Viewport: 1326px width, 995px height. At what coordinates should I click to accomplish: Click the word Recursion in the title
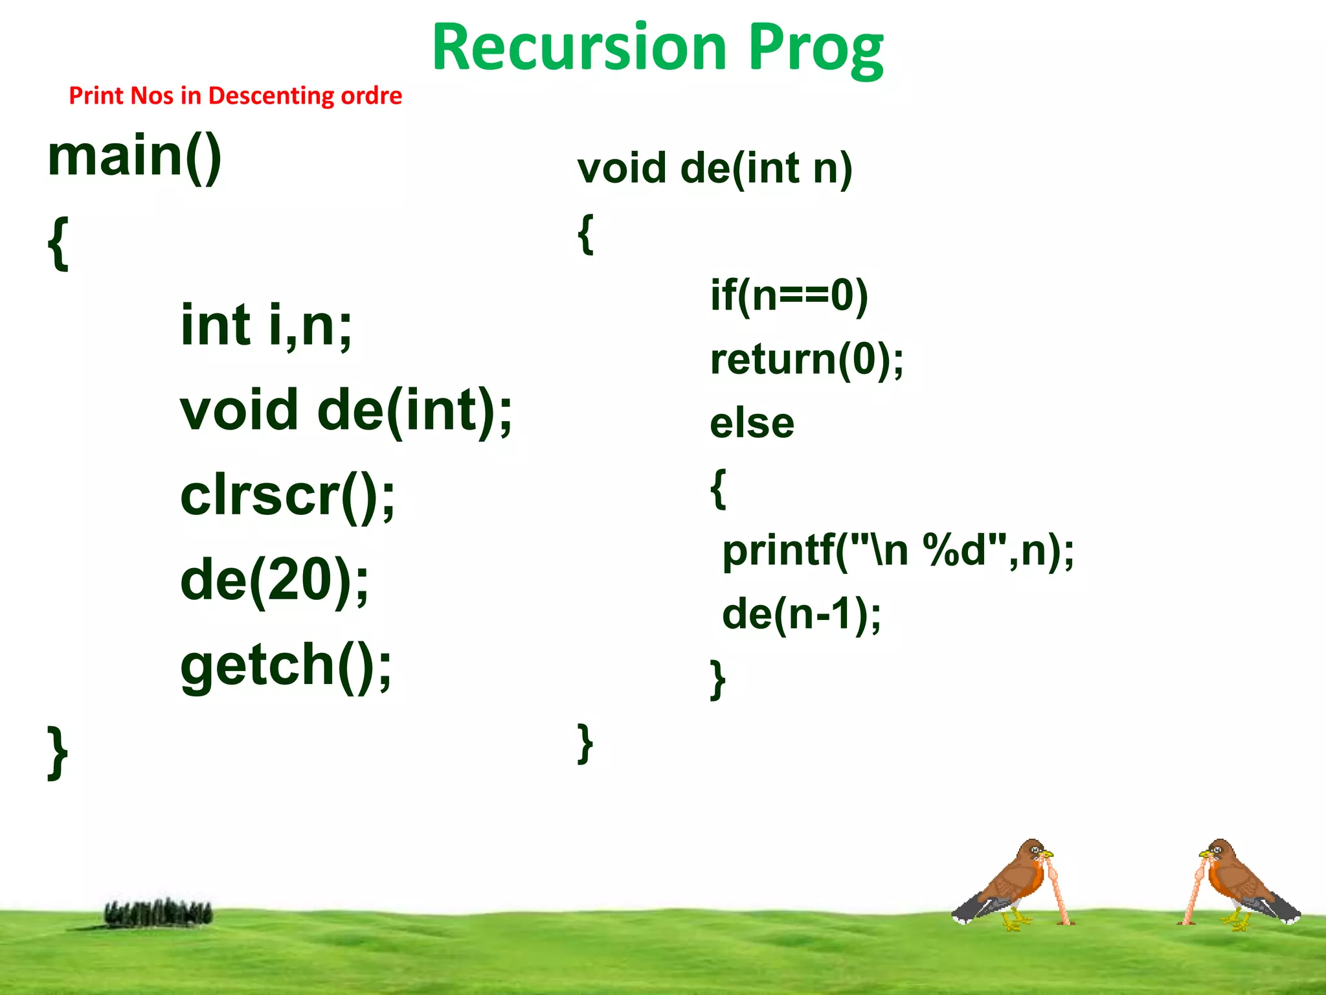tap(579, 48)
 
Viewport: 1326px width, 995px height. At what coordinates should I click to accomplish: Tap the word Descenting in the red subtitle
tap(271, 96)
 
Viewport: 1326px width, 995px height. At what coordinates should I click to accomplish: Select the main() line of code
tap(135, 157)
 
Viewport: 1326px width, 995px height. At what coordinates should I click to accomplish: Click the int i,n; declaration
tap(266, 326)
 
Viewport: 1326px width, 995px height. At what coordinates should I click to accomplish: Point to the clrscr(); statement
tap(287, 497)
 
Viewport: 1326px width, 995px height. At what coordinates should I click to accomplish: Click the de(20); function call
tap(274, 580)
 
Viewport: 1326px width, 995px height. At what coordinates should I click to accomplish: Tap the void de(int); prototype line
tap(346, 411)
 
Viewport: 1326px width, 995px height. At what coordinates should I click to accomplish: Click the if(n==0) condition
tap(789, 296)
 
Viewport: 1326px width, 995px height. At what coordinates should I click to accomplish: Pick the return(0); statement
tap(807, 360)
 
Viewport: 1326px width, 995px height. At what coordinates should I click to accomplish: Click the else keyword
tap(752, 424)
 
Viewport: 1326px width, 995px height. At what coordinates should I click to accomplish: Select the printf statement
tap(897, 551)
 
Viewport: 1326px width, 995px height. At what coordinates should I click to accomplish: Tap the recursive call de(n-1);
tap(801, 614)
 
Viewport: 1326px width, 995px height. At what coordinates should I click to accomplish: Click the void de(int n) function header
tap(715, 169)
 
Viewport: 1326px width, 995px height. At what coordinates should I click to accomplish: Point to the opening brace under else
tap(717, 488)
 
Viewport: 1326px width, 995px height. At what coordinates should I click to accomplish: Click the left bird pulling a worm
tap(1010, 884)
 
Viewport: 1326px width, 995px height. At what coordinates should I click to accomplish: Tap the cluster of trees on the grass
tap(158, 913)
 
